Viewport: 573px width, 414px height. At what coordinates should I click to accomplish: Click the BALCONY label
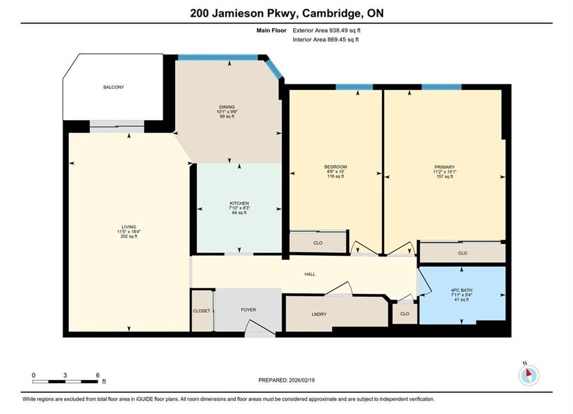click(x=113, y=87)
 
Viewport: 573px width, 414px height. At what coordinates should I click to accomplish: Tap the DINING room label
click(x=227, y=108)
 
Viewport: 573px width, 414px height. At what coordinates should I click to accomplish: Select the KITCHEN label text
click(x=240, y=203)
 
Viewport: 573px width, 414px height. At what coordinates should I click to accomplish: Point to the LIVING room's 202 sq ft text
click(x=129, y=236)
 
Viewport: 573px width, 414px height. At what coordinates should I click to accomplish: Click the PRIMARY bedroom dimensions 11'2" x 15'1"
click(x=445, y=172)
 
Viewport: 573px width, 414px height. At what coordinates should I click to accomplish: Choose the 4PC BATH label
click(x=461, y=290)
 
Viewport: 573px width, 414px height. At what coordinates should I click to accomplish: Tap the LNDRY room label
click(x=319, y=314)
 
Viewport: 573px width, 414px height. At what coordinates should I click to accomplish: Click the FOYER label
click(x=249, y=310)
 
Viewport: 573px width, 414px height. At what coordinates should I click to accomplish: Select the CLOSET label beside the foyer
click(x=202, y=310)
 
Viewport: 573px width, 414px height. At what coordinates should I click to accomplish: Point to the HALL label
click(x=310, y=274)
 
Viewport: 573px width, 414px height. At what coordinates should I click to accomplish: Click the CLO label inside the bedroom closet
click(x=318, y=243)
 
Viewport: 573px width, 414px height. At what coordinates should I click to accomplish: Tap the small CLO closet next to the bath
click(x=405, y=314)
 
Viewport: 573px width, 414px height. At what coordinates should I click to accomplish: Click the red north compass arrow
click(x=528, y=373)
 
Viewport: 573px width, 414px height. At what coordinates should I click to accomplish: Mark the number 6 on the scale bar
click(x=97, y=375)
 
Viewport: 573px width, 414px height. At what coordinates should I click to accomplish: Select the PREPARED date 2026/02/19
click(x=302, y=380)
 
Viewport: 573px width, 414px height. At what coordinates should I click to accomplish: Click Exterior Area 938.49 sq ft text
click(x=327, y=30)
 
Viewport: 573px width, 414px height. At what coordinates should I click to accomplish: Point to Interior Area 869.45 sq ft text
click(x=325, y=40)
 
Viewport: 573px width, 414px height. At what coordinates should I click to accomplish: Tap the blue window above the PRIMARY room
click(x=442, y=87)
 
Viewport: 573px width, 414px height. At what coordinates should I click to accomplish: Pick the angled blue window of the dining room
click(x=274, y=69)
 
